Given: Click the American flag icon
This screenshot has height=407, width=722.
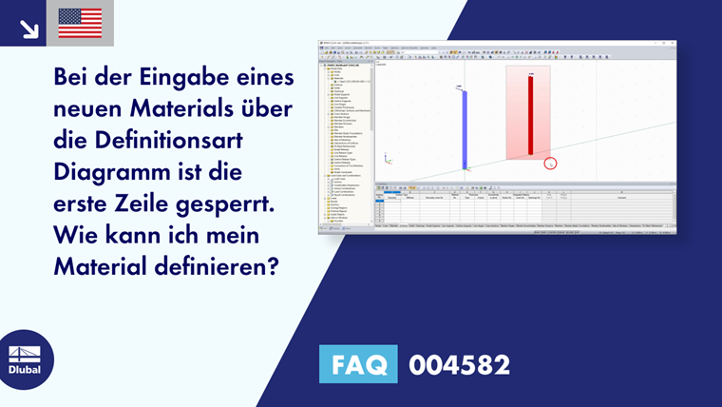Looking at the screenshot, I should coord(80,23).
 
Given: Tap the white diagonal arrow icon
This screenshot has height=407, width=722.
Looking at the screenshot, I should coord(28,27).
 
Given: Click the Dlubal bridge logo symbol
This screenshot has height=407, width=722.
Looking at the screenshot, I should coord(25,354).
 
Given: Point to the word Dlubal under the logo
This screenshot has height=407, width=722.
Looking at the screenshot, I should coord(25,370).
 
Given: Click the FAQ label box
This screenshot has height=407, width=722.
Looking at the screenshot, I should coord(357,364).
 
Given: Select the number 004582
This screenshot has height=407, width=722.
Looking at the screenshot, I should coord(459,364).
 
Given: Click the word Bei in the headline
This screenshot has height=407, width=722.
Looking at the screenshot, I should coord(74,75).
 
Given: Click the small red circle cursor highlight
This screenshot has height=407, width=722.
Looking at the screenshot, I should coord(549,164).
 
